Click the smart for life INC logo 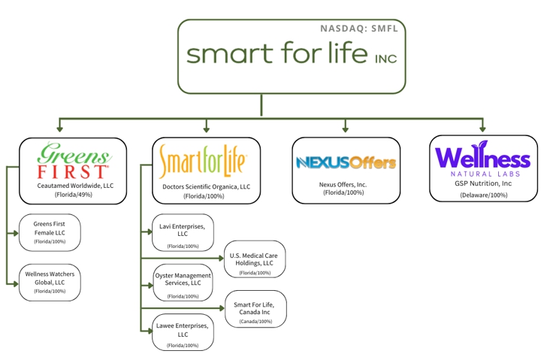(292, 56)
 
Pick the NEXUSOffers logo (346, 162)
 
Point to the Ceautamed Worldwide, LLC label (72, 185)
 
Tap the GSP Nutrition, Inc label (483, 183)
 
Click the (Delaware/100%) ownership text (483, 195)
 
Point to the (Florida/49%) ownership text (72, 195)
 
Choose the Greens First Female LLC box (50, 232)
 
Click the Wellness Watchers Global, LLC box (50, 282)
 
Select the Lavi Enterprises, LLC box (183, 233)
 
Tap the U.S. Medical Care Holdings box (255, 260)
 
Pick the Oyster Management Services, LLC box (183, 283)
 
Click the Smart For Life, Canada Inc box (255, 309)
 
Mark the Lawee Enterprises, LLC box (183, 332)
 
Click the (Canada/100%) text (256, 322)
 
